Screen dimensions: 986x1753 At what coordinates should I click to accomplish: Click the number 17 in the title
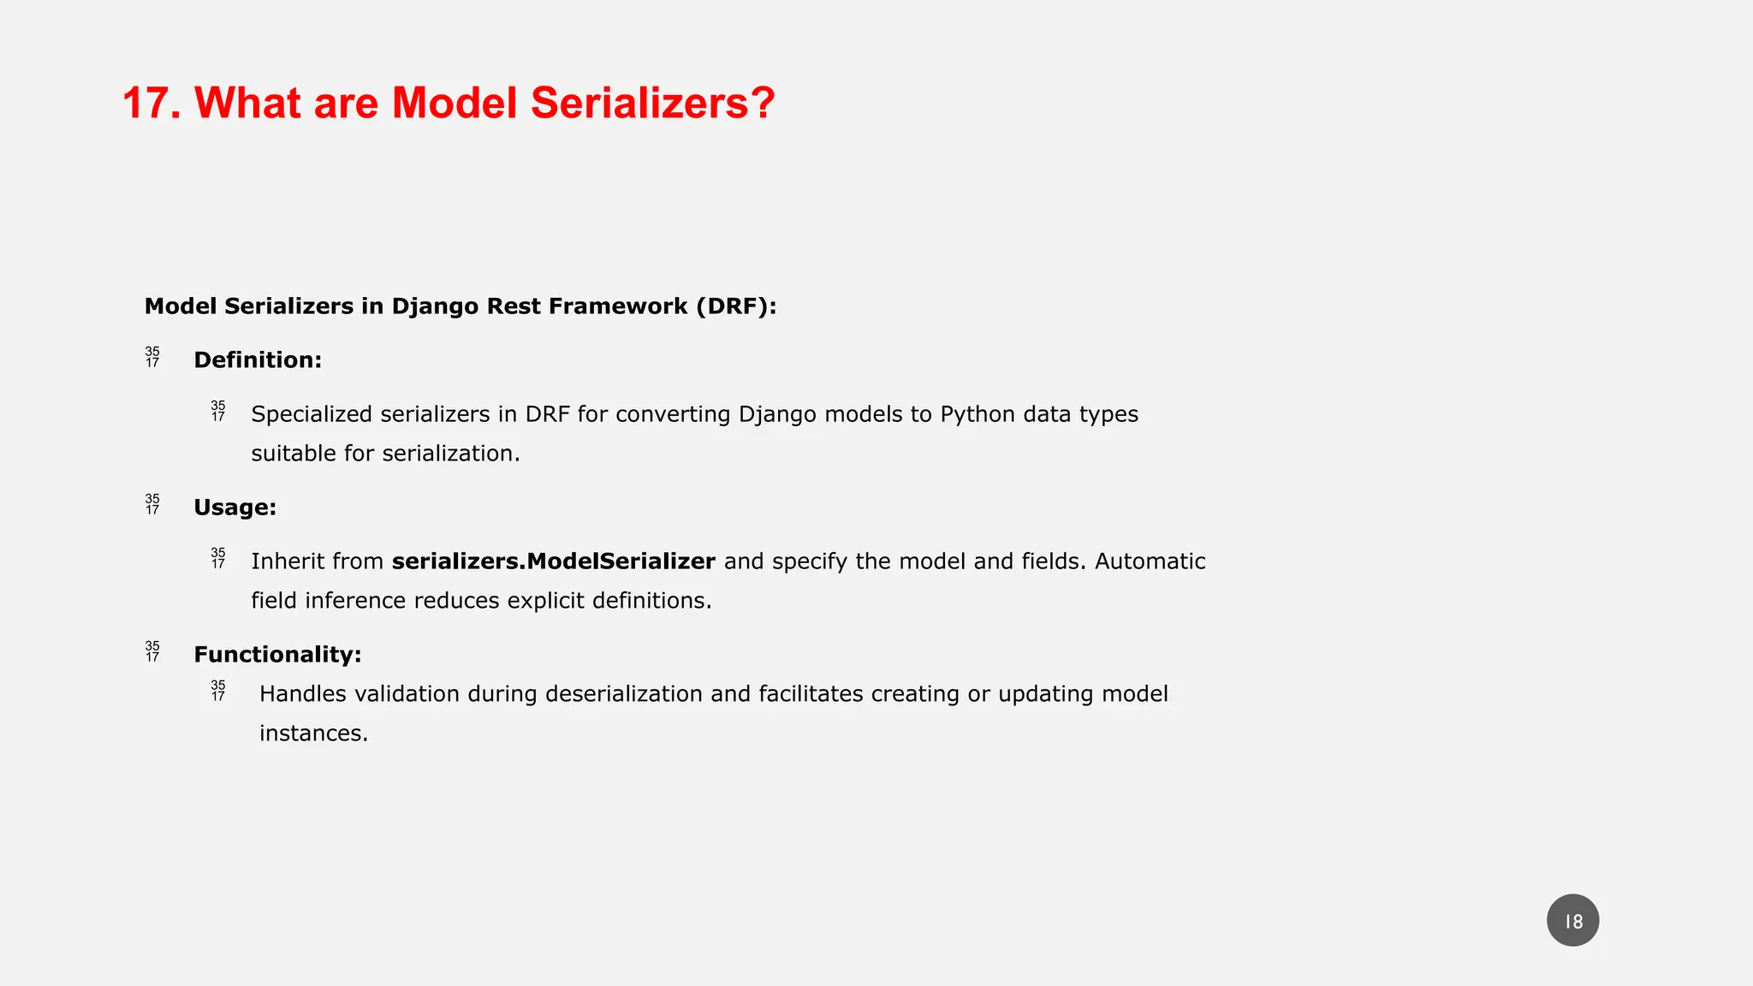(147, 104)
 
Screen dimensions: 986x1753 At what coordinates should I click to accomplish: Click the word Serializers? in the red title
(652, 104)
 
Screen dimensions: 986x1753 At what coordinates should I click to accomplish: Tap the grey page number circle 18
(1572, 921)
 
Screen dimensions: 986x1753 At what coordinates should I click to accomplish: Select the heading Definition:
(258, 360)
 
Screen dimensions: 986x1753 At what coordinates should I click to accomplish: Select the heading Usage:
(235, 508)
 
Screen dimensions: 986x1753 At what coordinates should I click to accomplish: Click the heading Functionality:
(277, 655)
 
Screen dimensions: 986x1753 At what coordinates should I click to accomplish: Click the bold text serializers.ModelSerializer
(553, 561)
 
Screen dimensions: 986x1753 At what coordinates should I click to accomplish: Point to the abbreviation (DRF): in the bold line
(736, 306)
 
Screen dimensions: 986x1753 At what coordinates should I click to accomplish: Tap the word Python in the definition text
(978, 414)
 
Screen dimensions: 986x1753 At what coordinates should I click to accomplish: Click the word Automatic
(1150, 561)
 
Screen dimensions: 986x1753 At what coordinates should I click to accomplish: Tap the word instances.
(313, 734)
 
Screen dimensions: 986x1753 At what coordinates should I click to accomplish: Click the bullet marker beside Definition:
(152, 358)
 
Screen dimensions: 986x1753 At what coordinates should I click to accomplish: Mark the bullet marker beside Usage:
(152, 505)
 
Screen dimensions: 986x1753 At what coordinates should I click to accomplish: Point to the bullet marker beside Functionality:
(152, 652)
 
